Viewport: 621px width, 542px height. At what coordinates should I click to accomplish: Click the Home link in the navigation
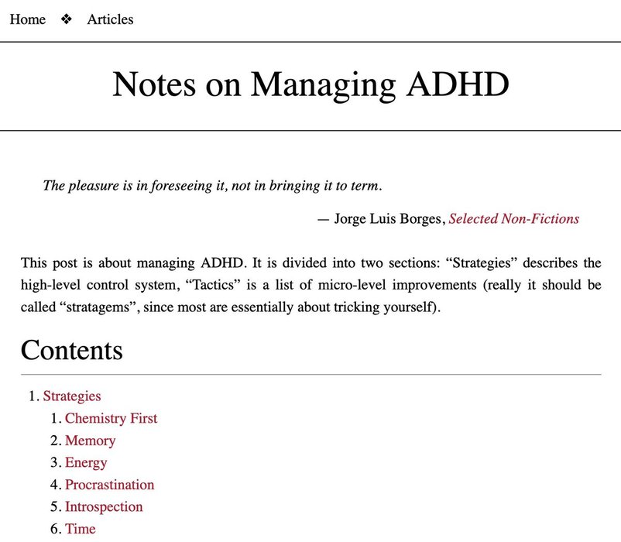[27, 19]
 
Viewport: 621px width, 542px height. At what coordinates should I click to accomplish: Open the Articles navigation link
[110, 19]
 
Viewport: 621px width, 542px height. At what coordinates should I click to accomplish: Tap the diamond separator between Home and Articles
[67, 19]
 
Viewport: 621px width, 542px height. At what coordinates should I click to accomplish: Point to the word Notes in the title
[153, 84]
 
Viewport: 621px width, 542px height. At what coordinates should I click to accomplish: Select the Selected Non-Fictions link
[514, 218]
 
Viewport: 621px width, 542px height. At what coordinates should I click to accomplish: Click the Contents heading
[71, 350]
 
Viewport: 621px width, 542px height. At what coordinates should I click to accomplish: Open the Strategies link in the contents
[72, 396]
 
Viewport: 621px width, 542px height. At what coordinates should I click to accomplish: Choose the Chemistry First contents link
[111, 418]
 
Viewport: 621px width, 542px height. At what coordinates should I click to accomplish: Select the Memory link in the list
[90, 441]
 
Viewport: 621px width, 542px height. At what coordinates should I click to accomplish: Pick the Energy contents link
[86, 462]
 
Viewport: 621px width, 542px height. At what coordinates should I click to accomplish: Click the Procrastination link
[109, 485]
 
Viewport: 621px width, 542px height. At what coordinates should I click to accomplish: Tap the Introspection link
[104, 507]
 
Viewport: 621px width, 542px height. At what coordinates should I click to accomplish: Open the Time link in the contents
[81, 529]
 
